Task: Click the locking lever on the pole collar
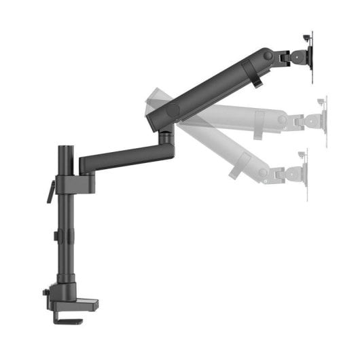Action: click(50, 192)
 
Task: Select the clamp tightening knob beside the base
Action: click(46, 293)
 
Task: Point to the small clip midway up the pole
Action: click(56, 236)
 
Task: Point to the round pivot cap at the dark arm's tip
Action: click(268, 55)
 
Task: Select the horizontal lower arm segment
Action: click(122, 158)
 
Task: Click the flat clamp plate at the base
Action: click(80, 303)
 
